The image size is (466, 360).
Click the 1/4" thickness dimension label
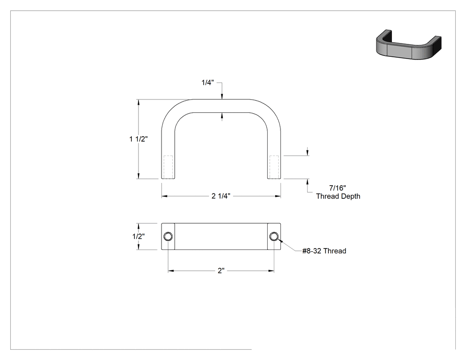click(208, 83)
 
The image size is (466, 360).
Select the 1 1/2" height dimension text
click(138, 139)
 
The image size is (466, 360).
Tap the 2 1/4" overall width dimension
click(221, 196)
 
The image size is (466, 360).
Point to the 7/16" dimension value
click(338, 188)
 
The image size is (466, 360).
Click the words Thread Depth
click(338, 196)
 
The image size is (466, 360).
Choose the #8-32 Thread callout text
click(324, 251)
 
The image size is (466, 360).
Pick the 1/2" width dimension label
click(138, 236)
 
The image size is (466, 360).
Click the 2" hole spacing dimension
click(221, 271)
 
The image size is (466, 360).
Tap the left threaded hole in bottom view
click(168, 237)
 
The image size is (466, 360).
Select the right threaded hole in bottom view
click(274, 237)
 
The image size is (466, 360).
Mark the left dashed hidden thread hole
click(168, 167)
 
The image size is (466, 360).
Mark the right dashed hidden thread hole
click(274, 167)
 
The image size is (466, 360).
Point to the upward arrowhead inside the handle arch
click(222, 115)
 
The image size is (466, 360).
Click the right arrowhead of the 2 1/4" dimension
click(278, 196)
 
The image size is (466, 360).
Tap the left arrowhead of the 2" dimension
click(171, 271)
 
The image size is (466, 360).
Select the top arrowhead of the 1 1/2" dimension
click(138, 102)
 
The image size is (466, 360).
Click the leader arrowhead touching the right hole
click(279, 241)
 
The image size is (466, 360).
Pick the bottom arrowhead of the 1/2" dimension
click(138, 247)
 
